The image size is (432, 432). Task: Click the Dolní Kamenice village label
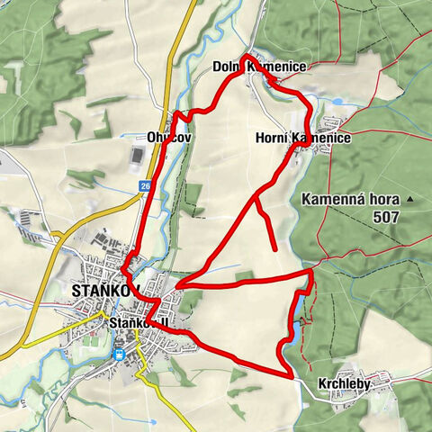(x=259, y=67)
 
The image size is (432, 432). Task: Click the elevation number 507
(x=388, y=217)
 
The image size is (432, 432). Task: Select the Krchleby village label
(x=344, y=384)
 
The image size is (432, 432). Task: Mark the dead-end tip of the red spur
(x=274, y=247)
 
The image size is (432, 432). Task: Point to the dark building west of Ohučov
(x=136, y=157)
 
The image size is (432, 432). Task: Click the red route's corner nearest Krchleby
(x=291, y=375)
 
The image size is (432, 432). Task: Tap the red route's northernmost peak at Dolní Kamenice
(x=244, y=57)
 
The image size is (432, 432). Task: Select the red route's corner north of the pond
(x=311, y=269)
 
